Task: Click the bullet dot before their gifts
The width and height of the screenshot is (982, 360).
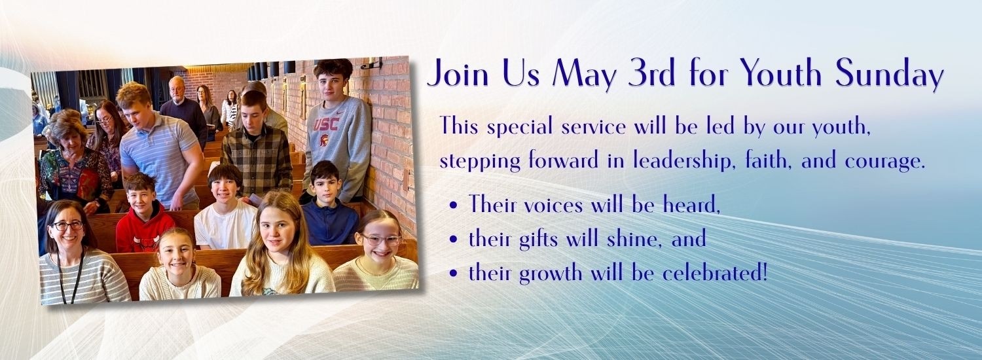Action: pyautogui.click(x=454, y=240)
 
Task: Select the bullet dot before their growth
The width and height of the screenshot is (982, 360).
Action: pyautogui.click(x=454, y=274)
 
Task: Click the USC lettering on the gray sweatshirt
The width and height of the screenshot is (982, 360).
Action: pyautogui.click(x=326, y=124)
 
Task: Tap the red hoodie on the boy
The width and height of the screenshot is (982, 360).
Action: pyautogui.click(x=144, y=230)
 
